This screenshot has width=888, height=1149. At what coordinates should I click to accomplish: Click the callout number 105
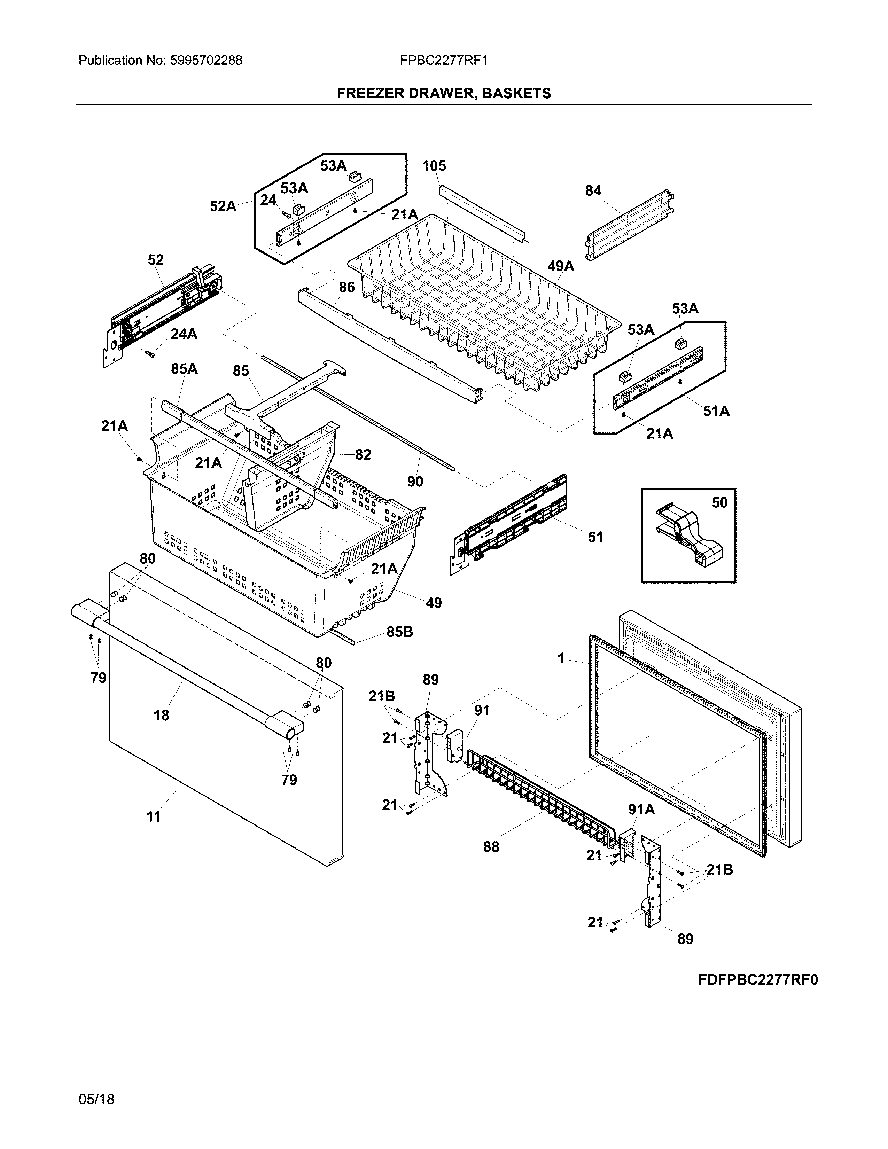(x=434, y=166)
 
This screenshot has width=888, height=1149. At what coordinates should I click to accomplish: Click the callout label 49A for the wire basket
(x=561, y=266)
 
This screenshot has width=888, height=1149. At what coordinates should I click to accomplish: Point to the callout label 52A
(x=223, y=206)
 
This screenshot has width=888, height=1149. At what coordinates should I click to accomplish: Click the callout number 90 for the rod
(x=415, y=482)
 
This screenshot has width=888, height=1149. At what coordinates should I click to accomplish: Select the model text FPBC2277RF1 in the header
(x=443, y=61)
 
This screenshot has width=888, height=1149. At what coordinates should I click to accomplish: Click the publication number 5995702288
(x=206, y=61)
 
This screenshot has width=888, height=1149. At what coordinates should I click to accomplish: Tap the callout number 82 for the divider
(x=363, y=454)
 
